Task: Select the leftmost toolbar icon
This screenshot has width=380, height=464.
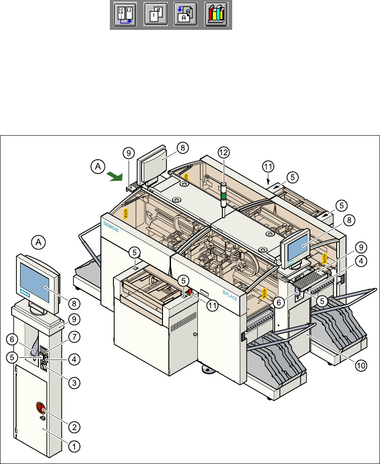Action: tap(125, 15)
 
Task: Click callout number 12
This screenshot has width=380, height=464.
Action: tap(223, 152)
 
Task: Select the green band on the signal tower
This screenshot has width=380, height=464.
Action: tap(223, 195)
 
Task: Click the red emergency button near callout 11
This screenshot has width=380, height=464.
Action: tap(189, 292)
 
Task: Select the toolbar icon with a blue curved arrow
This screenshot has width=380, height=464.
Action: tap(186, 15)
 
